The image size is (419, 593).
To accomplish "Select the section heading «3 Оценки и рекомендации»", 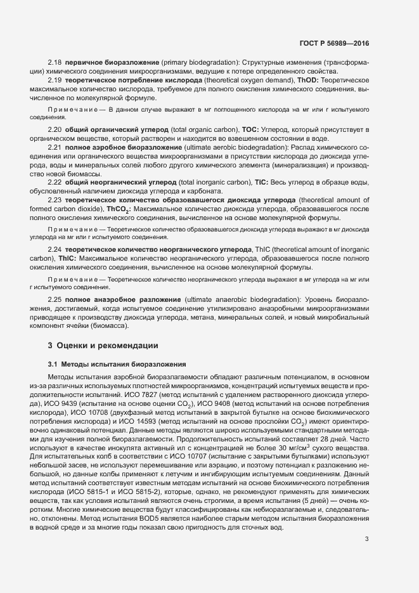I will pyautogui.click(x=99, y=346).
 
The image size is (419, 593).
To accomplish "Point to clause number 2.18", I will pyautogui.click(x=55, y=63).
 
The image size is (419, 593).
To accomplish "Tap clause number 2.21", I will pyautogui.click(x=55, y=147).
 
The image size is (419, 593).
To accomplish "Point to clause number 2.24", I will pyautogui.click(x=55, y=251).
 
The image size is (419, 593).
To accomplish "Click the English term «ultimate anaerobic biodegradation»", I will pyautogui.click(x=244, y=299).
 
